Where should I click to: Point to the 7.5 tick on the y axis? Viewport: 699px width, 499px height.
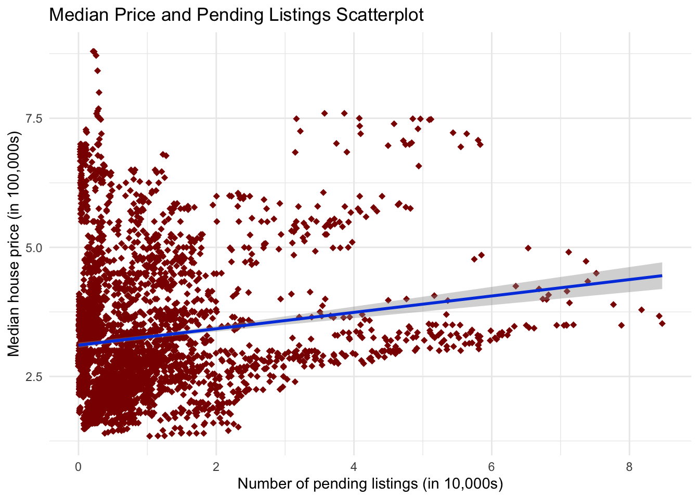click(34, 119)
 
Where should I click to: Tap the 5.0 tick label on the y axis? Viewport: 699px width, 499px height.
click(34, 247)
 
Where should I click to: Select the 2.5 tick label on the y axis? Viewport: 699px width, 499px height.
click(34, 376)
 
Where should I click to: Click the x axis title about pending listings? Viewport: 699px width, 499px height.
click(370, 484)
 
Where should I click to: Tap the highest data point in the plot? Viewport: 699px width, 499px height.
click(93, 51)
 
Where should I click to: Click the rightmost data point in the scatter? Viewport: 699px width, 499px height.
click(662, 323)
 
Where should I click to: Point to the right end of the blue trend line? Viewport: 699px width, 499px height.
click(662, 275)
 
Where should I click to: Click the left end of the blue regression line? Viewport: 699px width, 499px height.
click(79, 345)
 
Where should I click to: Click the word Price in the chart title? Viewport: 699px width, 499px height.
click(134, 15)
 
